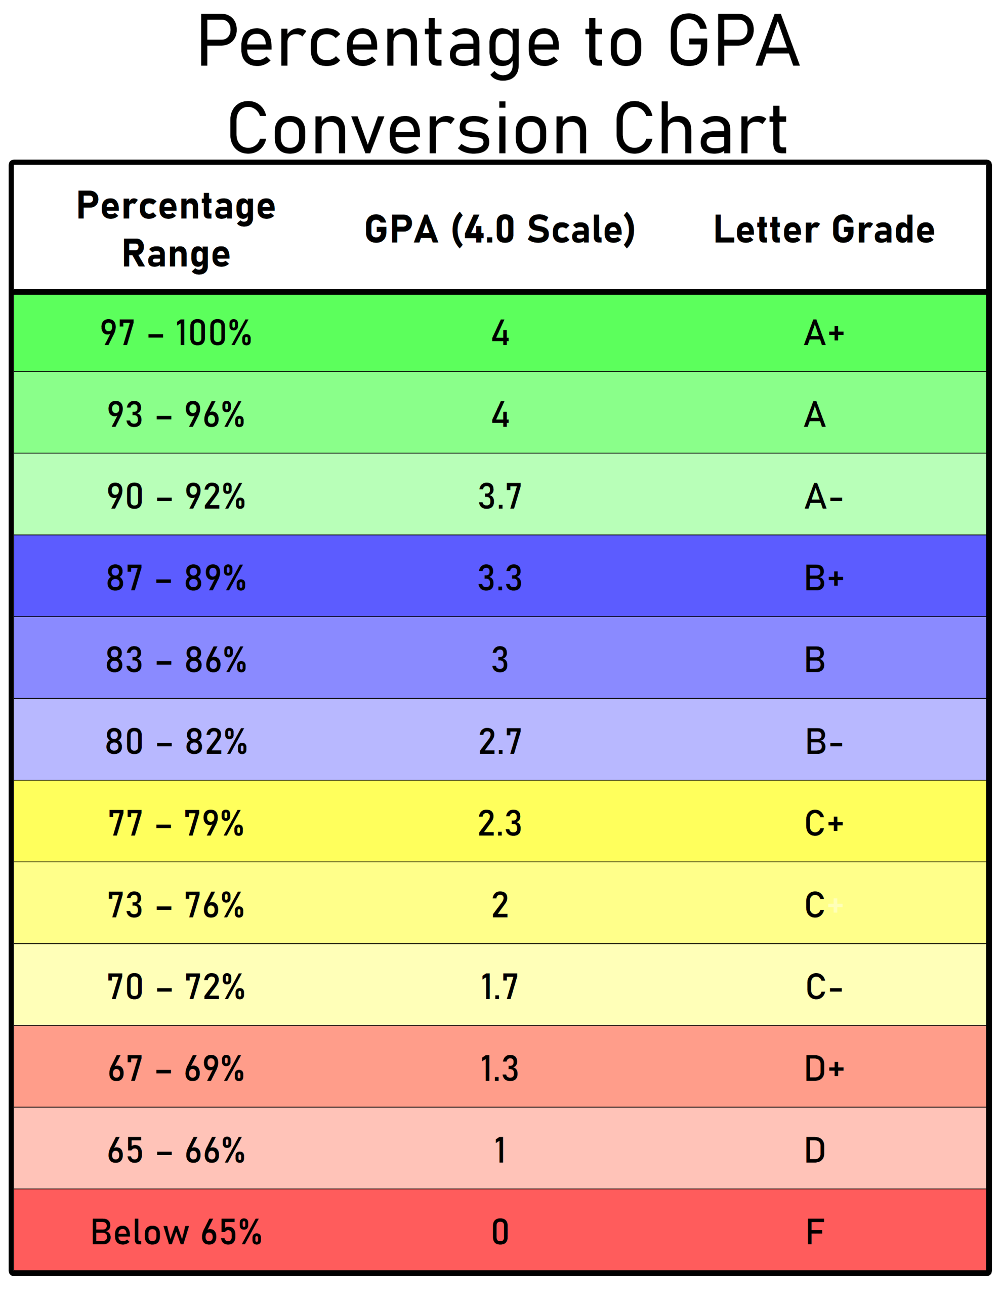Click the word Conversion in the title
(x=408, y=128)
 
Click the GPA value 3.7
(x=499, y=497)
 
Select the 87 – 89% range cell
(x=176, y=578)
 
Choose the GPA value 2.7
(x=499, y=742)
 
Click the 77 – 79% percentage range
(x=176, y=824)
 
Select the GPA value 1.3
(x=499, y=1069)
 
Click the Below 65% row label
(x=176, y=1232)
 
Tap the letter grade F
(x=815, y=1232)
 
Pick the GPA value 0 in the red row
(x=499, y=1232)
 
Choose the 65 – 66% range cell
(x=176, y=1150)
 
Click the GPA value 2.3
(x=499, y=824)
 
